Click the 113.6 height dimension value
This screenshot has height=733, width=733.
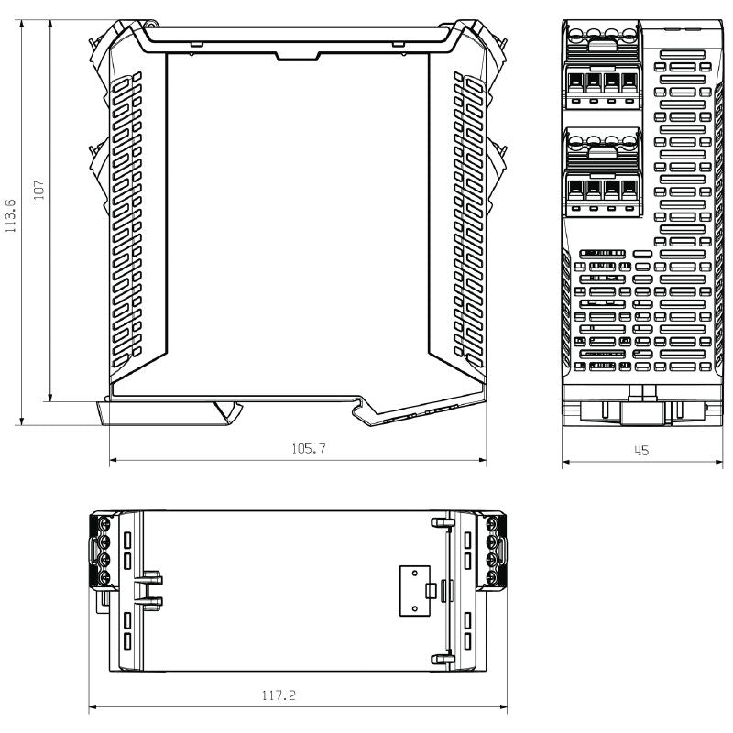[x=10, y=216]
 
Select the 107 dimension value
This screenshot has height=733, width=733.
[x=38, y=191]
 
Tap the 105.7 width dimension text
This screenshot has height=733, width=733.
[x=309, y=449]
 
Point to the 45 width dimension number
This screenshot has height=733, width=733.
[x=641, y=451]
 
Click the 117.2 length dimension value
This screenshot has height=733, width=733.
[x=279, y=695]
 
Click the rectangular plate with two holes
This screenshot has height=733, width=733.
[x=415, y=591]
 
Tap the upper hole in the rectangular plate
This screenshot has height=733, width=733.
[x=415, y=573]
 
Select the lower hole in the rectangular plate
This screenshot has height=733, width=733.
[x=415, y=608]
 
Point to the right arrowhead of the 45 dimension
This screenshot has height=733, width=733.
[x=718, y=462]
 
